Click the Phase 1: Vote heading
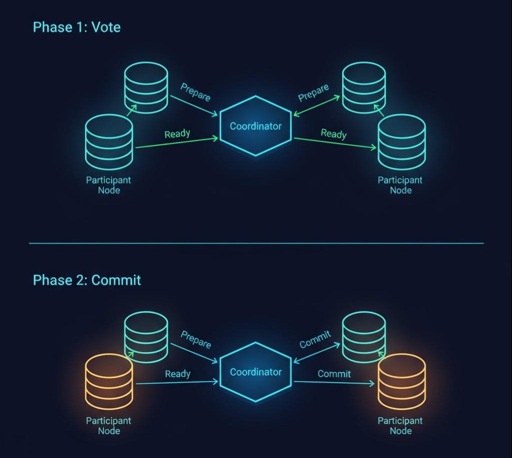point(76,27)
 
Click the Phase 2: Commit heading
point(87,280)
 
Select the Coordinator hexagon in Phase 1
point(255,126)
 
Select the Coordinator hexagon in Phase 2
point(255,372)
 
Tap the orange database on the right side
point(401,382)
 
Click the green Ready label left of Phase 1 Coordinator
point(177,134)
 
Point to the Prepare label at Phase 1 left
point(195,92)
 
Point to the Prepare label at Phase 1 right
point(313,92)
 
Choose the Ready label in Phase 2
point(177,374)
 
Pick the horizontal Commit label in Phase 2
point(334,374)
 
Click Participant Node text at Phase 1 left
point(108,185)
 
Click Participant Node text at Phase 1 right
point(400,185)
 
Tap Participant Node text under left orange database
point(108,426)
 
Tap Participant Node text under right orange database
point(400,426)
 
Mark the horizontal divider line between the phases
point(256,243)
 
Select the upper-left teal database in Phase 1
point(146,88)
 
